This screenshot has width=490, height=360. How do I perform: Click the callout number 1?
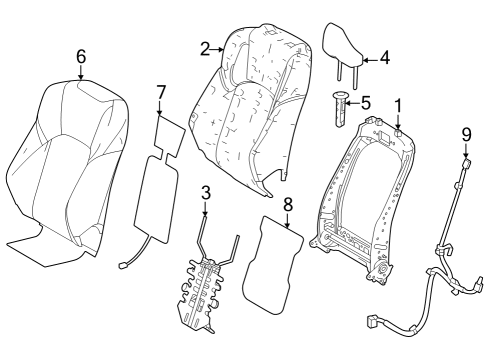pyautogui.click(x=397, y=105)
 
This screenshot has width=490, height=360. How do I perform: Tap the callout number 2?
pyautogui.click(x=204, y=47)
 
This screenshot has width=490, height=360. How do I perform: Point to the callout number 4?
pyautogui.click(x=384, y=59)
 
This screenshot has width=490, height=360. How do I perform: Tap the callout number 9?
pyautogui.click(x=465, y=133)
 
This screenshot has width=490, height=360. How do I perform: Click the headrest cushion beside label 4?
pyautogui.click(x=346, y=41)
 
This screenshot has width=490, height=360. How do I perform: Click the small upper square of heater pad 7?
pyautogui.click(x=166, y=135)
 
